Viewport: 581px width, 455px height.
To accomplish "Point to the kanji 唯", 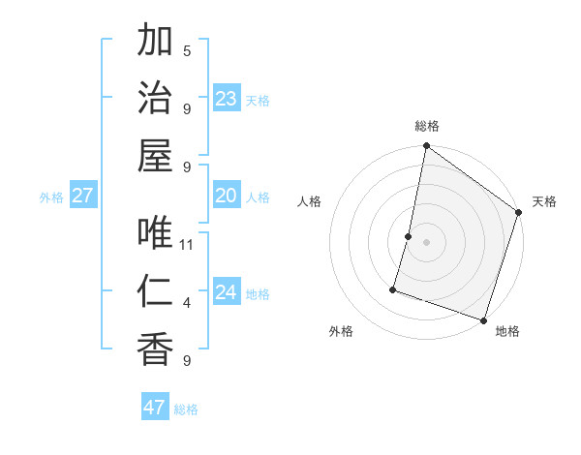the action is coord(156,232).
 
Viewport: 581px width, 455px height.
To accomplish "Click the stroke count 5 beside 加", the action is coord(187,51).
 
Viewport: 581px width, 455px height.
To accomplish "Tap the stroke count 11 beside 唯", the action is coord(187,245).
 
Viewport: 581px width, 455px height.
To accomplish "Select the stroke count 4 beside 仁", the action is coord(187,303).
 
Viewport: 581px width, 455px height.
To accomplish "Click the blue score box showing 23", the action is coord(227,99).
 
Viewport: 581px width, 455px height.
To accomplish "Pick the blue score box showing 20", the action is coord(227,197).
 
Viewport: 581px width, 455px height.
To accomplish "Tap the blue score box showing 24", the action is coord(227,293).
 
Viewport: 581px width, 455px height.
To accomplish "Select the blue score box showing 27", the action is coord(82,197).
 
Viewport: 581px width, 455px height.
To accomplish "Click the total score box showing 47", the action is coord(155,408).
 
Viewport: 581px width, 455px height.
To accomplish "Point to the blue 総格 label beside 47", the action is coord(186,409).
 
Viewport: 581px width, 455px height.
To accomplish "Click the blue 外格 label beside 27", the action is coord(51,197).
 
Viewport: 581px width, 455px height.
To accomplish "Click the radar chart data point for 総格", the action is coord(426,147).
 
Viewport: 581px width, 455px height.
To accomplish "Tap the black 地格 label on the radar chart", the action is coord(507,331).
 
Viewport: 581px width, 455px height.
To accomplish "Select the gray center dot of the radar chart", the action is coord(426,242).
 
